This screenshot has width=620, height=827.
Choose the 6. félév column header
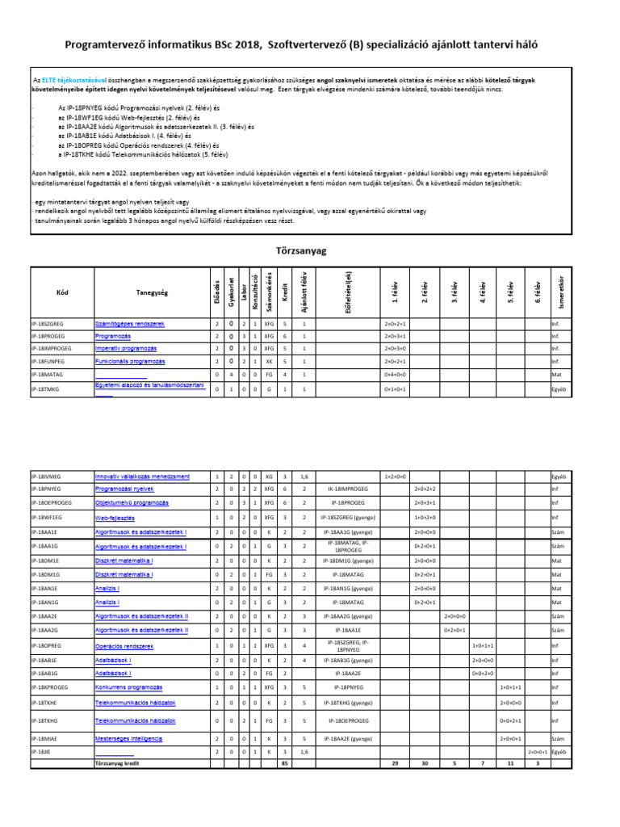(538, 291)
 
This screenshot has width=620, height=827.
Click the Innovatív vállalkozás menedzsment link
(142, 476)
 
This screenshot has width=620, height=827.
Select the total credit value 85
(283, 762)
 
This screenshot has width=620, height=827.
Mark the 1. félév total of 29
(396, 762)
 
